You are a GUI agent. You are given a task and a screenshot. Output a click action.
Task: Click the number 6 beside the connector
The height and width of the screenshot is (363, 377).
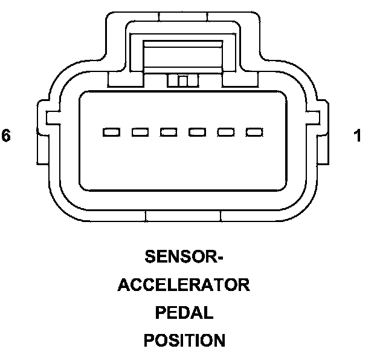pyautogui.click(x=6, y=136)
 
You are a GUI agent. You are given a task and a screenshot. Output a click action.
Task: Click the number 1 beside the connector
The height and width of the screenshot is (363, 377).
pyautogui.click(x=358, y=136)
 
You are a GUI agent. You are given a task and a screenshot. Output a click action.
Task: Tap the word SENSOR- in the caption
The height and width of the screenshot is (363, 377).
pyautogui.click(x=184, y=257)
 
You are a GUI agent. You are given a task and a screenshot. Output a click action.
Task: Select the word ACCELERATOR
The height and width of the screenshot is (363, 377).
pyautogui.click(x=184, y=285)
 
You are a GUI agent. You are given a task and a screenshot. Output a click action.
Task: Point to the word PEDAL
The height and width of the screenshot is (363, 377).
pyautogui.click(x=184, y=313)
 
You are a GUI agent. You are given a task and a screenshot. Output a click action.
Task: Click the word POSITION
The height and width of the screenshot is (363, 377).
pyautogui.click(x=184, y=341)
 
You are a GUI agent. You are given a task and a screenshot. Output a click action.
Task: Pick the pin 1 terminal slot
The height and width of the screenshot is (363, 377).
pyautogui.click(x=254, y=132)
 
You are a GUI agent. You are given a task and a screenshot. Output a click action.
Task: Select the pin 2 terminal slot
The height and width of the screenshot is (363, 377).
pyautogui.click(x=226, y=132)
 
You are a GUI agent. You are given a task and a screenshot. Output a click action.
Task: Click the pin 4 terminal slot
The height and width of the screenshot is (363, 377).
pyautogui.click(x=169, y=132)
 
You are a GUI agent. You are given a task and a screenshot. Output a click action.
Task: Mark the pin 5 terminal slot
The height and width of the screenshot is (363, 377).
pyautogui.click(x=140, y=132)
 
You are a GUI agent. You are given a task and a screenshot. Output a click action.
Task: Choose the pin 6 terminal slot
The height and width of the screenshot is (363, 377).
pyautogui.click(x=111, y=132)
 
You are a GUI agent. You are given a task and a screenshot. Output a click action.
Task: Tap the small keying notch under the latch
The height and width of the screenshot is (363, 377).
pyautogui.click(x=183, y=80)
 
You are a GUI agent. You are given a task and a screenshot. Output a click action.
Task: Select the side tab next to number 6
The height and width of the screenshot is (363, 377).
pyautogui.click(x=42, y=133)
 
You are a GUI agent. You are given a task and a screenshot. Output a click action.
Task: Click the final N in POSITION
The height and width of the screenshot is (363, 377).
pyautogui.click(x=218, y=341)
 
